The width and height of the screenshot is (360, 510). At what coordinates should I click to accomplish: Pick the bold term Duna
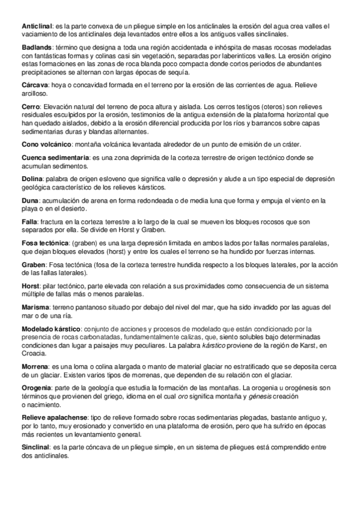pos(31,200)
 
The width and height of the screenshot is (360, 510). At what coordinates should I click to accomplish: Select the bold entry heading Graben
pos(34,265)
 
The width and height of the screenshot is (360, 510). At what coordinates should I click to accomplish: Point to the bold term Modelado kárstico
pos(50,329)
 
